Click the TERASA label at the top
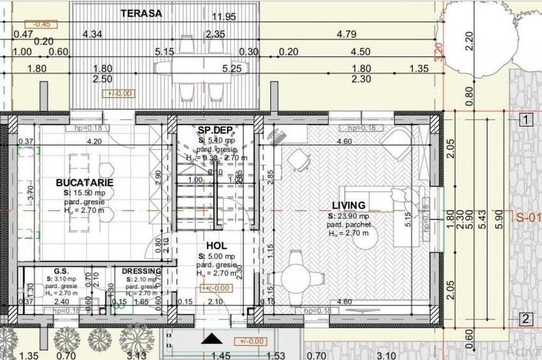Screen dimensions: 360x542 point(141,13)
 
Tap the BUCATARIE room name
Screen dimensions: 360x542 point(84,182)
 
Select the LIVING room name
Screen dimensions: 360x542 point(348,205)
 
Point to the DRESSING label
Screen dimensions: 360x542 point(141,271)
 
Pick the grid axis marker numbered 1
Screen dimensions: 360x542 point(525,120)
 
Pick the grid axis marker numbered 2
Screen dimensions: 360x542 point(525,319)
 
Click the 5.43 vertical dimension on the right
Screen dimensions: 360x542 point(488,217)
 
